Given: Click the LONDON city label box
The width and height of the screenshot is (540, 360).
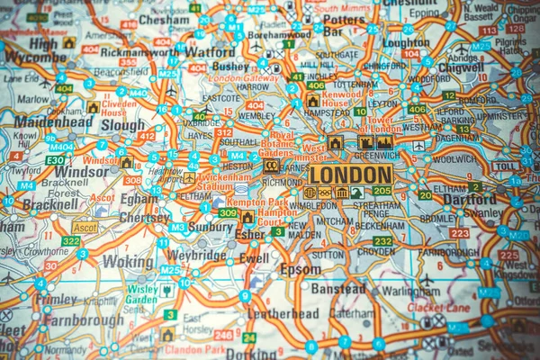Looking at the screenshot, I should click(351, 174).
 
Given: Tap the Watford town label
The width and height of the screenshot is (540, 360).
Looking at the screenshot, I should click(210, 52).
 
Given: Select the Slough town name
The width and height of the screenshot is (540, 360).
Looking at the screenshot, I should click(121, 126).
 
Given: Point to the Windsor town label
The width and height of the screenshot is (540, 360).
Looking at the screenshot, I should click(81, 171).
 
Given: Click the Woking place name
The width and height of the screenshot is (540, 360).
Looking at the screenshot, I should click(127, 261).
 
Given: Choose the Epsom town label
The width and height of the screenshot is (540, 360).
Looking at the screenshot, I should click(300, 269).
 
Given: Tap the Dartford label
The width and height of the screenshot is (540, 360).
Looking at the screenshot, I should click(469, 200).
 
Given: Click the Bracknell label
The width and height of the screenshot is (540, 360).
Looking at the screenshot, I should click(50, 204).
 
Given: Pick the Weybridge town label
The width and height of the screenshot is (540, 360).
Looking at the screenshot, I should click(195, 255).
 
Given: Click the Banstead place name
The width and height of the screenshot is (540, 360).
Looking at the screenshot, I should click(337, 289).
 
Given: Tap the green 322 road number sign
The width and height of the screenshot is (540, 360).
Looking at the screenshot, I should click(71, 241).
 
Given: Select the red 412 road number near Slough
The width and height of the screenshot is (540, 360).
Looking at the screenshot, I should click(146, 136).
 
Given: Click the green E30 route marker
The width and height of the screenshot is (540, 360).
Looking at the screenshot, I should click(56, 159).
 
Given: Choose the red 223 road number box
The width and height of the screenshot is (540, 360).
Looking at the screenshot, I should click(459, 233).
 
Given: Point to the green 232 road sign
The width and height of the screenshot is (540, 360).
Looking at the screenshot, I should click(382, 241).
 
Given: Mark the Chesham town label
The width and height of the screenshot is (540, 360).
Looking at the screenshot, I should click(164, 19).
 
